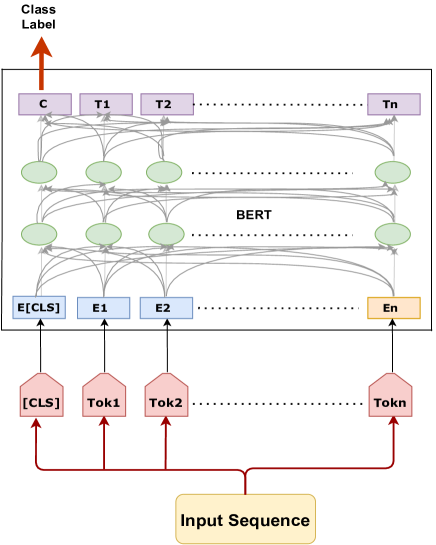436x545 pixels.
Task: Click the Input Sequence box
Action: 245,519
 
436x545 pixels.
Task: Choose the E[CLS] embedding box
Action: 40,307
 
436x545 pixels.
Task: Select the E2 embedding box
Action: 166,307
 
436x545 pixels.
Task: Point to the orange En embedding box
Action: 393,307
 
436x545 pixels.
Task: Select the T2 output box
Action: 166,104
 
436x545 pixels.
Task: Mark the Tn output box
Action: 393,104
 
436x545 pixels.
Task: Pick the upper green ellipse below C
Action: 40,172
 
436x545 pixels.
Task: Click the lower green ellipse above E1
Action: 103,234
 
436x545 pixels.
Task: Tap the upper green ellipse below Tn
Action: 392,172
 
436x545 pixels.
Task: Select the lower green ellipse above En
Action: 392,234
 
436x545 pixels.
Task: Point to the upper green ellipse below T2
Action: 164,172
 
